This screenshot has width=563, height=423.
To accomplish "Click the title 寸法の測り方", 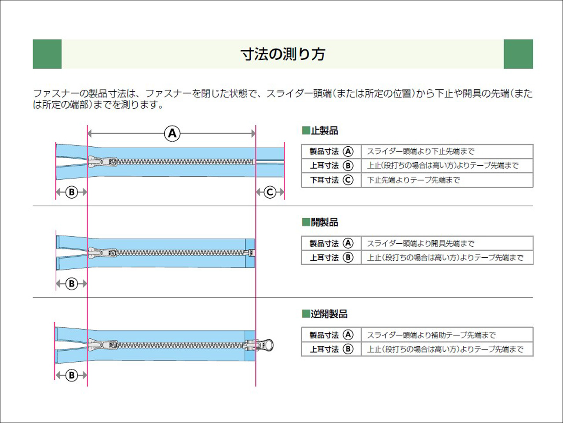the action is [283, 54].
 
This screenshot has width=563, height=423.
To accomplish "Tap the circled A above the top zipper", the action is [172, 133].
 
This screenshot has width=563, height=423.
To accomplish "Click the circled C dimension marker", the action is [270, 192].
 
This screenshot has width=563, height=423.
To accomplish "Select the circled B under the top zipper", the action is [71, 192].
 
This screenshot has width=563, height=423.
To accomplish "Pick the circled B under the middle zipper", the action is [71, 284].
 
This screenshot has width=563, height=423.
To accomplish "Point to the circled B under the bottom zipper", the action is [71, 375].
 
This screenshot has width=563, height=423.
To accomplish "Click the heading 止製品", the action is [324, 130].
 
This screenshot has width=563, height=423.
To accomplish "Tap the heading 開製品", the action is [324, 222].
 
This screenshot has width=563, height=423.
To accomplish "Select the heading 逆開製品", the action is [329, 314].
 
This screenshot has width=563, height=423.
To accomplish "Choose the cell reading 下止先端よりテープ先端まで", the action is [413, 180].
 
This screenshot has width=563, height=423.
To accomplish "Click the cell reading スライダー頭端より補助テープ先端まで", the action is [431, 335].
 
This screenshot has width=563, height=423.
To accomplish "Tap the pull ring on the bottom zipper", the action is [267, 345].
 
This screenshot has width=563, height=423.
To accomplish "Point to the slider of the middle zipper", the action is [102, 253].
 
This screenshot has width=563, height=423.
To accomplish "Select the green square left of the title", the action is [47, 54].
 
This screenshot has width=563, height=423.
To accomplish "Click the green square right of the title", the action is [518, 54].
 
